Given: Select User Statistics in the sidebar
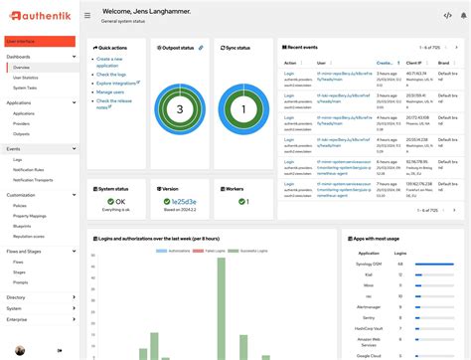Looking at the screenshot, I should tap(26, 78).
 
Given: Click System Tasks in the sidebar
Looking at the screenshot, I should tap(25, 88).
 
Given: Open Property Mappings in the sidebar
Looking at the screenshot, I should tap(30, 216).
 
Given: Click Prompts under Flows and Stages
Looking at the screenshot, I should tap(21, 281).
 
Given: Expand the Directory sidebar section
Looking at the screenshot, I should tap(16, 296).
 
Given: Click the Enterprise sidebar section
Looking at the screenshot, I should tap(17, 319).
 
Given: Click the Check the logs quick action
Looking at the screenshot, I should tap(111, 75).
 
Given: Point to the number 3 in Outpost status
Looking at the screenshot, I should tap(179, 109).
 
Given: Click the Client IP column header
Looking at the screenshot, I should tap(389, 62).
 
